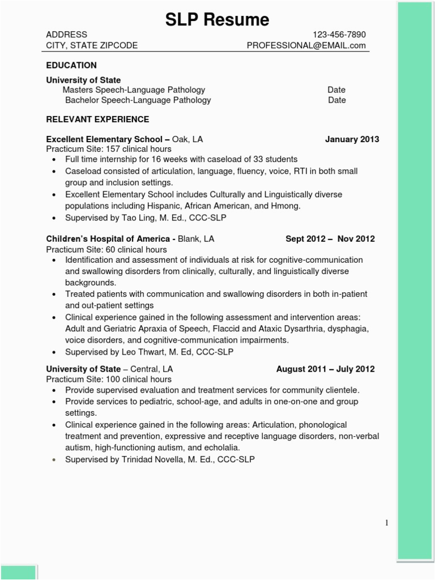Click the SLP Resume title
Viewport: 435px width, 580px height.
[x=217, y=20]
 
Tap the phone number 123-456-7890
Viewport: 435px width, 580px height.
[x=339, y=35]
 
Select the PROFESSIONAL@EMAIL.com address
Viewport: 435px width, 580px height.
[x=306, y=45]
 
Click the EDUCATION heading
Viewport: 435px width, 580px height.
[x=71, y=65]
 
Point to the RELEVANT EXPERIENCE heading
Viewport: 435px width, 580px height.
[x=97, y=119]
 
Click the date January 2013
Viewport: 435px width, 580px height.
[x=352, y=139]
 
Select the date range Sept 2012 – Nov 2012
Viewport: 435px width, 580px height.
[x=330, y=239]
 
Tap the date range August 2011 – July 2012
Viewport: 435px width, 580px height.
[x=325, y=369]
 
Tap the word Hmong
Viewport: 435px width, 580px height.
[x=285, y=206]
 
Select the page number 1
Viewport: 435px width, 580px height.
[x=386, y=523]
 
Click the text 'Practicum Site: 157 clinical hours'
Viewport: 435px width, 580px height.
[x=108, y=149]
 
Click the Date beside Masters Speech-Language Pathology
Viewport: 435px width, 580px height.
[x=336, y=89]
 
